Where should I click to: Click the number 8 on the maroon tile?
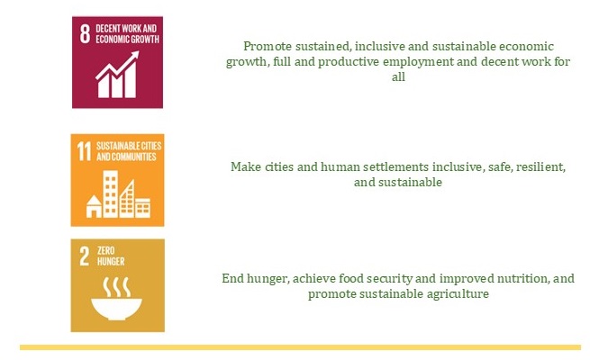click(x=85, y=34)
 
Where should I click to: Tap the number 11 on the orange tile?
click(x=85, y=151)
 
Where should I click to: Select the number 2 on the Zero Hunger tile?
click(x=85, y=256)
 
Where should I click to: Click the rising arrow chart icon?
click(x=117, y=75)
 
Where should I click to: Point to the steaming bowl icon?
click(x=116, y=299)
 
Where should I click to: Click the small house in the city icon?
click(x=94, y=206)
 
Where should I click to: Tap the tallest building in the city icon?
click(x=111, y=193)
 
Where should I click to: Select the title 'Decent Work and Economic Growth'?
click(x=127, y=34)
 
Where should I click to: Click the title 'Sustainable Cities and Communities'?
click(x=129, y=151)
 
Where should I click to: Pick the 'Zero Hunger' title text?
click(x=111, y=256)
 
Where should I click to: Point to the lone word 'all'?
click(x=398, y=76)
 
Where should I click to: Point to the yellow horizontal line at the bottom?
click(x=300, y=347)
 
